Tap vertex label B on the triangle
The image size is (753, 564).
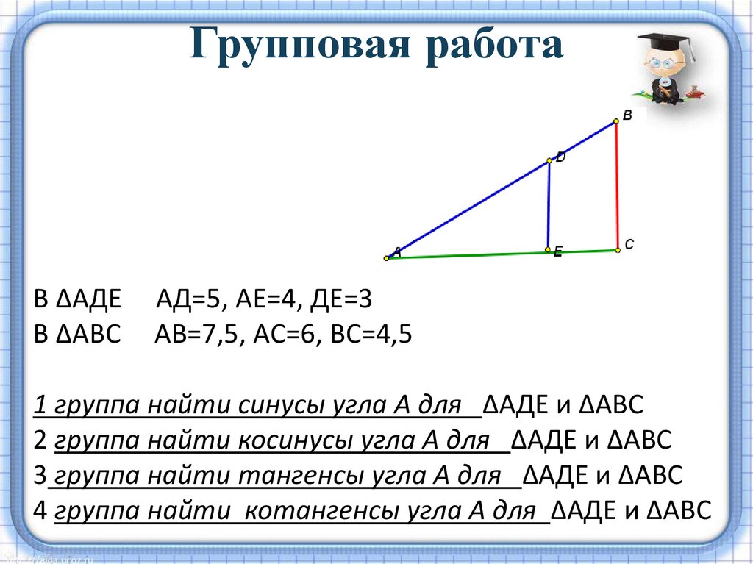(x=627, y=115)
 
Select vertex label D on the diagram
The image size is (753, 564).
(x=561, y=157)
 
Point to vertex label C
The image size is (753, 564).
(x=629, y=243)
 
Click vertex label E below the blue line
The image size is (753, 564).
(x=557, y=252)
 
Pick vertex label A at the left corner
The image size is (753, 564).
(x=397, y=251)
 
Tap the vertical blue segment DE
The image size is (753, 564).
(x=549, y=206)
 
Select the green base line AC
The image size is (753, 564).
(x=471, y=255)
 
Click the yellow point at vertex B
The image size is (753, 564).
(x=616, y=123)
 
